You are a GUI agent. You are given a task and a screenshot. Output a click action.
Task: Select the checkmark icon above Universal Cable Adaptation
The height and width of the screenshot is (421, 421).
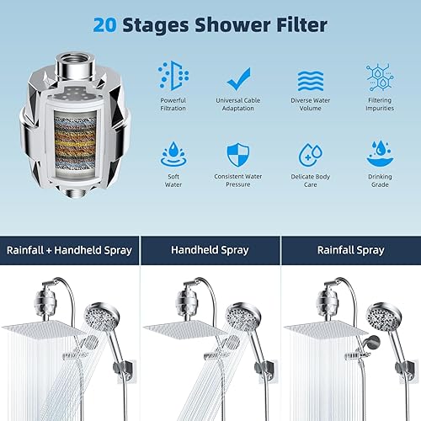click(x=240, y=77)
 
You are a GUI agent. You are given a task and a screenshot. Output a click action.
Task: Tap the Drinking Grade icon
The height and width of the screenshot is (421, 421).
click(x=378, y=152)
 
